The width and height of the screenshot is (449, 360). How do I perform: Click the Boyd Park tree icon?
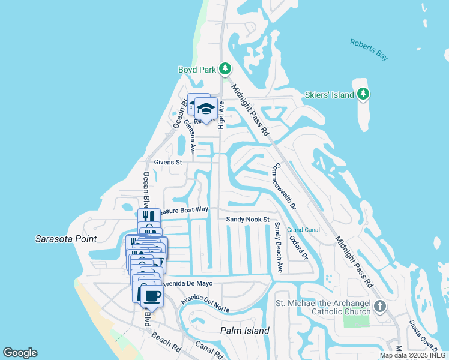225,69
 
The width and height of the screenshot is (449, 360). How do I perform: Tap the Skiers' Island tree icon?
363,94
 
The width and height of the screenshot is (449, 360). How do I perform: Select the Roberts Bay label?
369,49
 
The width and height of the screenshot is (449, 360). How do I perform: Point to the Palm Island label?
245,331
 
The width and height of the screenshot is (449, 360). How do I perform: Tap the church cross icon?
379,307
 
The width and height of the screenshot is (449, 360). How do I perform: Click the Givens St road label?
168,162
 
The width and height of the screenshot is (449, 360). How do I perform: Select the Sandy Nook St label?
247,220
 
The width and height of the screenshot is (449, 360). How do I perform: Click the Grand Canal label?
303,230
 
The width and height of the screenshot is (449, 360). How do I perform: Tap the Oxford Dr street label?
298,247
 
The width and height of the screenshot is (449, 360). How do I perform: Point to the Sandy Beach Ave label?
279,246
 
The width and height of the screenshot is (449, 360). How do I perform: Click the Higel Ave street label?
221,114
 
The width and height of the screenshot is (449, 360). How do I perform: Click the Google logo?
20,353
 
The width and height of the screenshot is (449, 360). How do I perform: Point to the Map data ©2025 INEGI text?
414,356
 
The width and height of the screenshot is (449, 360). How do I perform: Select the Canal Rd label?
209,350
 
